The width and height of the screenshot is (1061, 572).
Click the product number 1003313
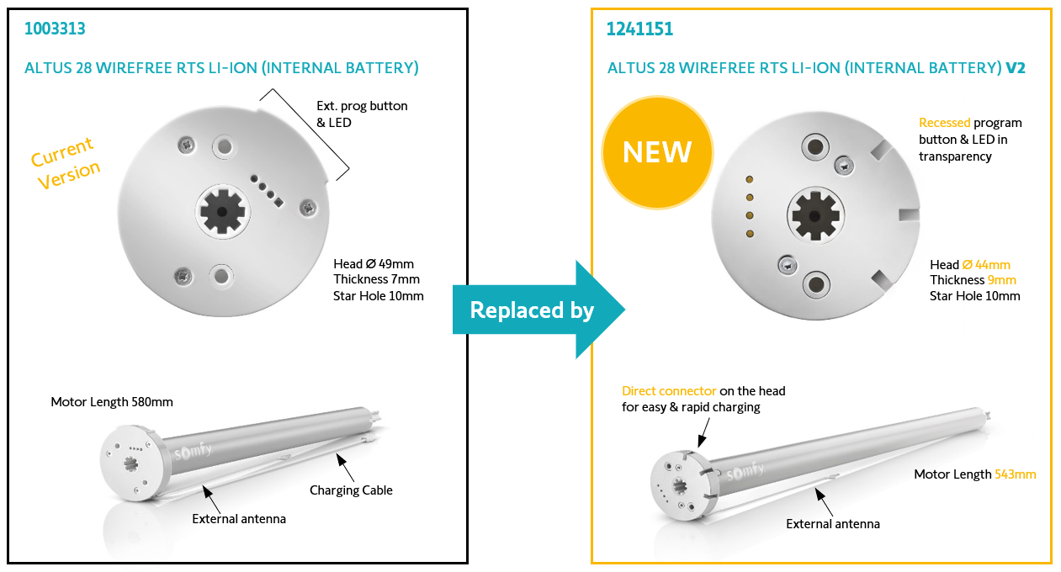point(56,29)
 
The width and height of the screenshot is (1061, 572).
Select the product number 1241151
point(639,29)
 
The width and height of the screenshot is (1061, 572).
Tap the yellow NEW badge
point(657,152)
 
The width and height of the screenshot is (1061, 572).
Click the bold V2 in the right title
point(1016,68)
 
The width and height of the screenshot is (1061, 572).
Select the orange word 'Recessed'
point(944,123)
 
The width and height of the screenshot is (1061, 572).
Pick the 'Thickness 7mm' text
point(376,279)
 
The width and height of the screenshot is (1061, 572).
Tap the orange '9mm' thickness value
point(1002,280)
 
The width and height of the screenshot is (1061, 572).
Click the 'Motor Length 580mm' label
point(112,402)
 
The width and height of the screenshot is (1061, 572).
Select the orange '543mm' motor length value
point(1016,474)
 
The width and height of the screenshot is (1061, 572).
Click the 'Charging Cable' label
point(351,490)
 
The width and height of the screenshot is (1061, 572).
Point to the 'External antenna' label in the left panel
point(239,519)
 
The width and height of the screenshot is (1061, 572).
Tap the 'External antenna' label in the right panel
point(833,524)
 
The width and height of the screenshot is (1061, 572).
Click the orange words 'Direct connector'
point(669,391)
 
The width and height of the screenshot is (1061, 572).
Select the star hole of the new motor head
point(813,215)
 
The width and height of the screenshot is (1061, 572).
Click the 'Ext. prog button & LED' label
point(362,114)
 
